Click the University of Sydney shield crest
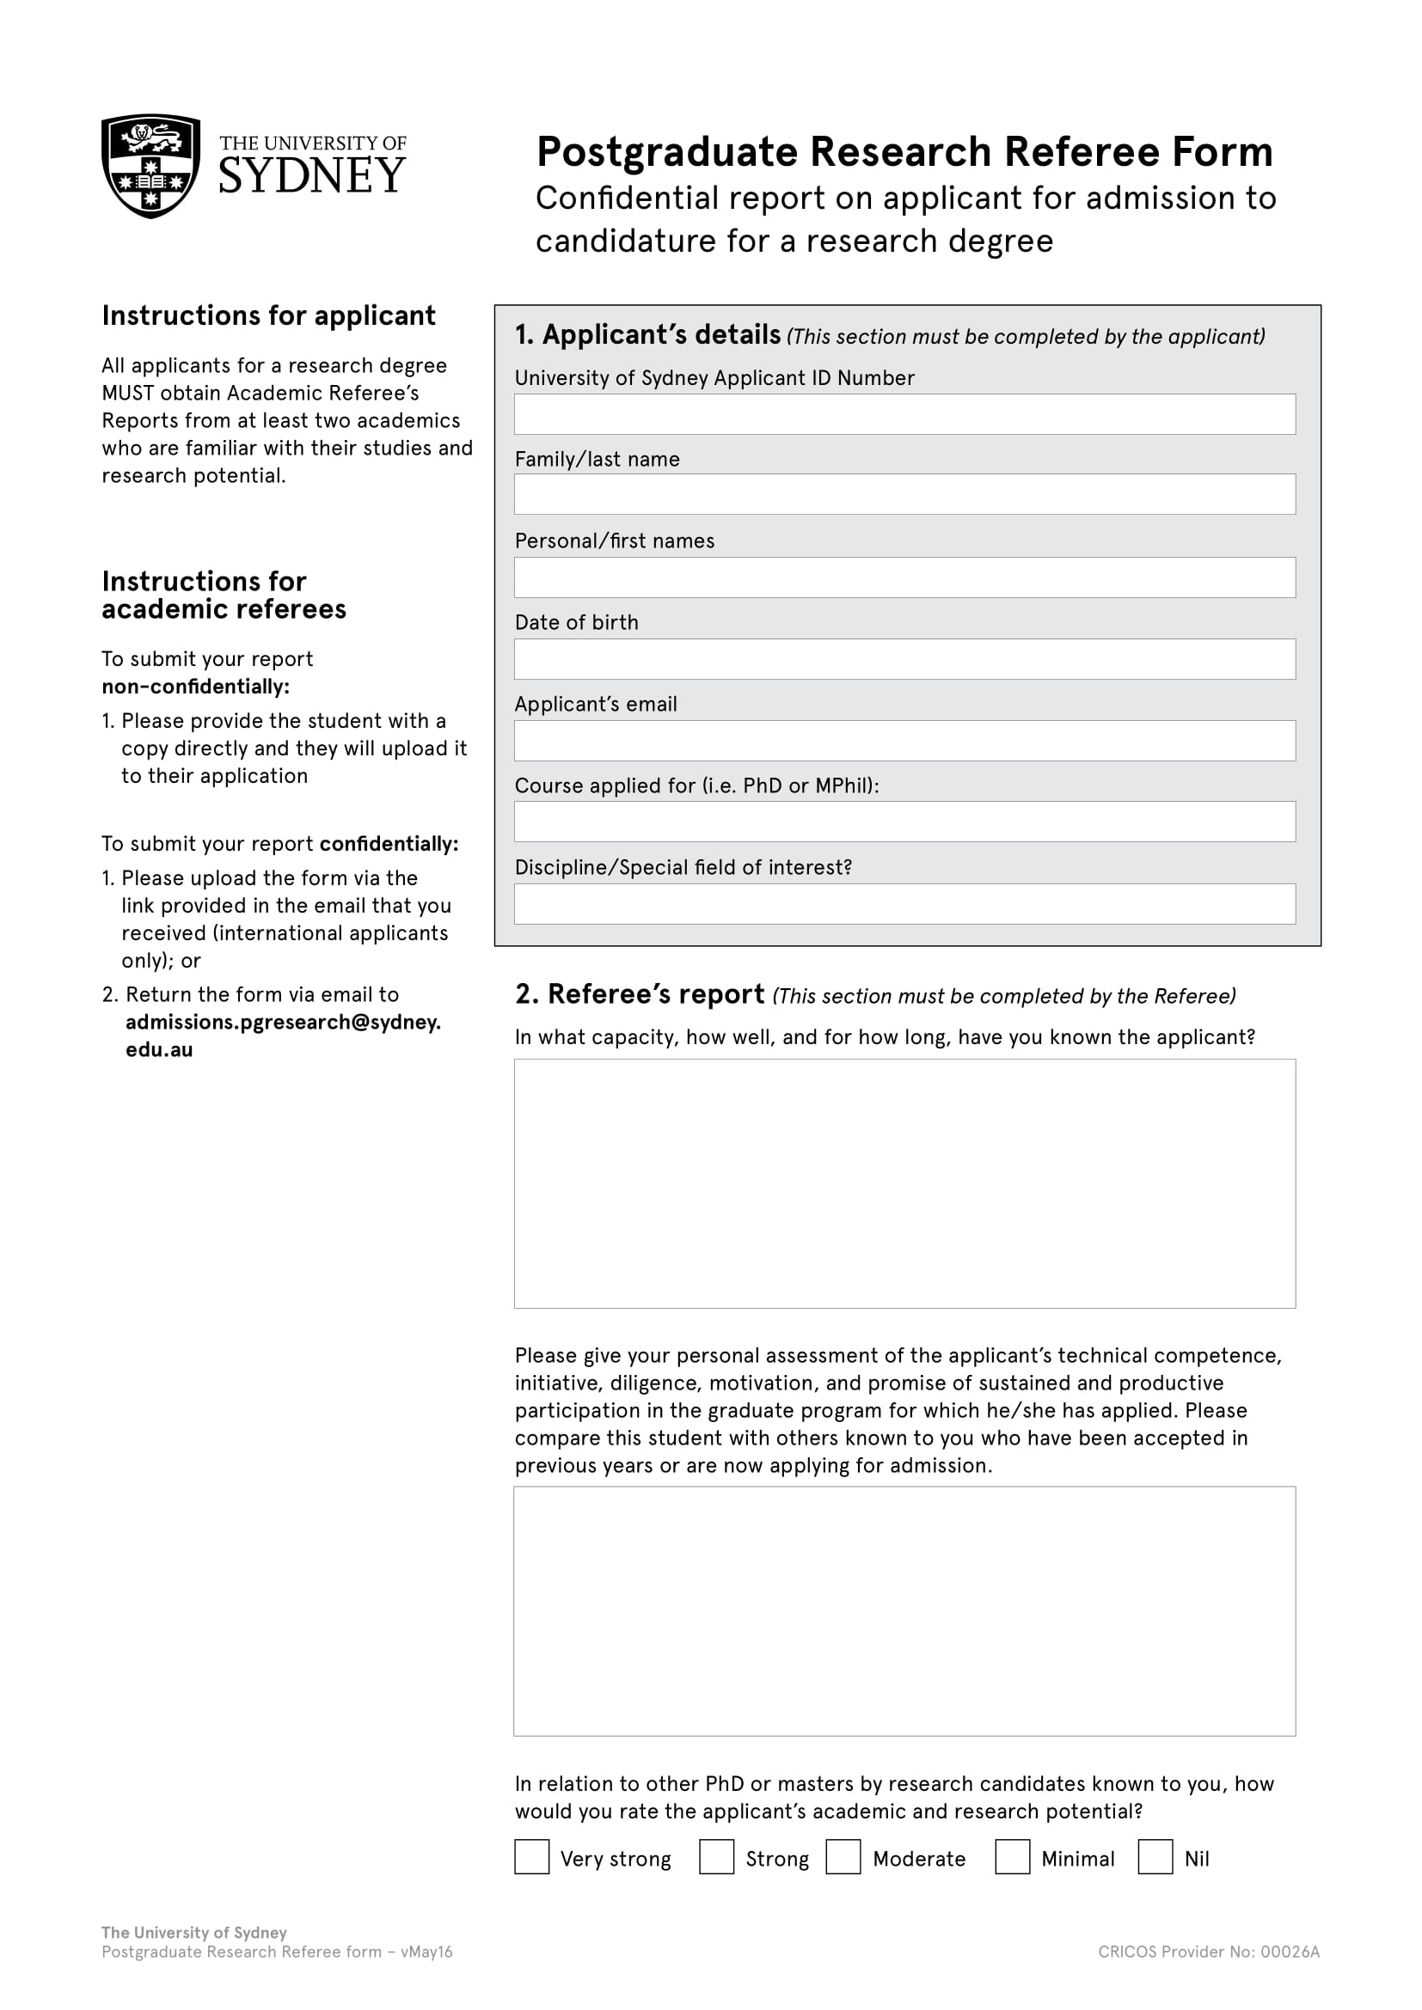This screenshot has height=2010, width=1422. (x=150, y=166)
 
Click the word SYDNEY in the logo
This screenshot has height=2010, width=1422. (x=312, y=176)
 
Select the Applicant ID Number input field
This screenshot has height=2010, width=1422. (x=904, y=414)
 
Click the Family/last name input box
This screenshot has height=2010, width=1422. (x=904, y=495)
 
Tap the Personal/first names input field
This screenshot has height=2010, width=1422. (x=904, y=577)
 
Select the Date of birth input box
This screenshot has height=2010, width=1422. (x=904, y=659)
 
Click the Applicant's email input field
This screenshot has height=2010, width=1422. (x=904, y=741)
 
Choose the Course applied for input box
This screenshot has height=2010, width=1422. (x=904, y=822)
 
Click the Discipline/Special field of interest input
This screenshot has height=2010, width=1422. (x=904, y=904)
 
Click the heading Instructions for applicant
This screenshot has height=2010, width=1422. (x=268, y=315)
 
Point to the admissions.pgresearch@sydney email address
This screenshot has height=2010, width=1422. (x=282, y=1023)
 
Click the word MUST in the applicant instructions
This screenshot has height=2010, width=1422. (x=128, y=393)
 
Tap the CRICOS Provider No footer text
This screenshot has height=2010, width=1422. (x=1208, y=1952)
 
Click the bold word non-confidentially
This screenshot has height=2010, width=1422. (x=195, y=687)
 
